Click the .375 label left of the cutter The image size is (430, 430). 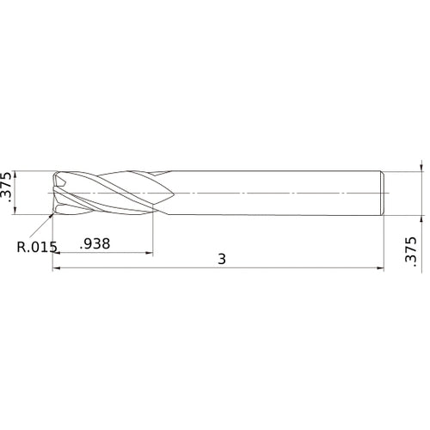tap(8, 192)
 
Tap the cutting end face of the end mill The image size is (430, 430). tap(57, 192)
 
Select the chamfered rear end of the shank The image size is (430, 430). tap(381, 192)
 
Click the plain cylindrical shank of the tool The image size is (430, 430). tap(275, 192)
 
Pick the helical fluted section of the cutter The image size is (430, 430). tap(107, 192)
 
